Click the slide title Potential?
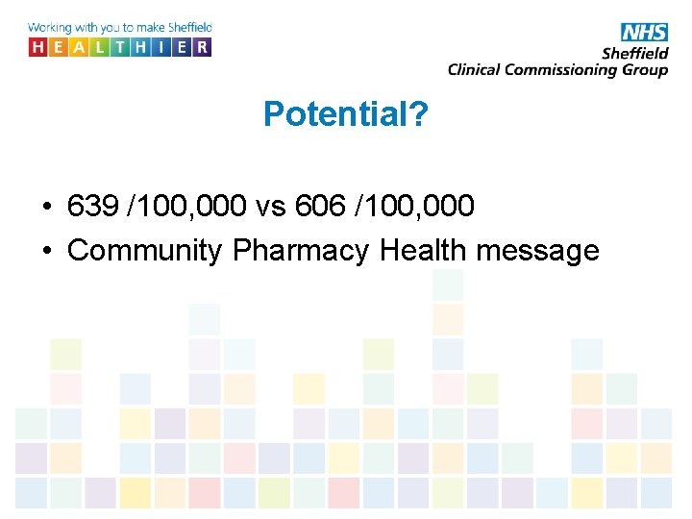pyautogui.click(x=345, y=115)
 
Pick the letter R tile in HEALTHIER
pyautogui.click(x=202, y=46)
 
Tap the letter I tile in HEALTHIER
pyautogui.click(x=161, y=46)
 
